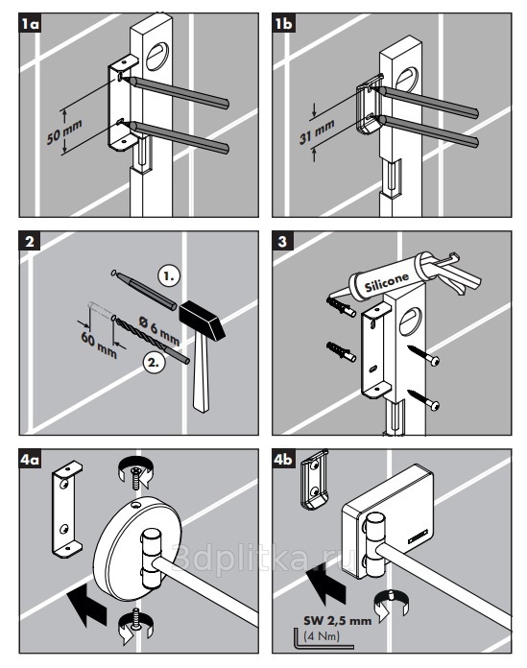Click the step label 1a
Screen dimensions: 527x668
[x=31, y=24]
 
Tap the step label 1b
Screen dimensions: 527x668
[x=284, y=24]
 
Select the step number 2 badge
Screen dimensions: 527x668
[x=30, y=242]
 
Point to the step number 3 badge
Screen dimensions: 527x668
[x=282, y=242]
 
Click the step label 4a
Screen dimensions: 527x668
[x=31, y=459]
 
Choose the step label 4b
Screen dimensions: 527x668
[x=284, y=459]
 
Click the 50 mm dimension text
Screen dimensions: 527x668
[x=64, y=131]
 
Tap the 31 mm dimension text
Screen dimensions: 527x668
[x=317, y=131]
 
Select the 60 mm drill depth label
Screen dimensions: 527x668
[x=99, y=345]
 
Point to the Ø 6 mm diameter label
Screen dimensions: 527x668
[x=159, y=330]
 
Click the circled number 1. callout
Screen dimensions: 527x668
[x=169, y=276]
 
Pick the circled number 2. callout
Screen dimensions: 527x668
[x=154, y=363]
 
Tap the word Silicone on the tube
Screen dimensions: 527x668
[x=387, y=281]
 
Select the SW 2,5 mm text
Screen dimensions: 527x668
[x=338, y=620]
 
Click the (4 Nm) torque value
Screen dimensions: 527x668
[x=322, y=636]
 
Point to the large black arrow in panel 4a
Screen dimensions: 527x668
[x=88, y=605]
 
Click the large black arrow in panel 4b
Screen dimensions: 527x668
[x=326, y=585]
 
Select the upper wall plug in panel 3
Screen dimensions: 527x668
[x=341, y=307]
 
